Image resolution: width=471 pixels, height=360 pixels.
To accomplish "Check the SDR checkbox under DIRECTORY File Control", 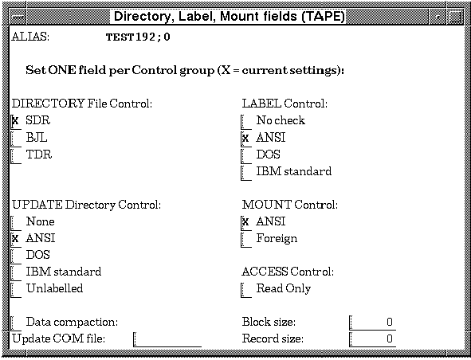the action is (x=16, y=122).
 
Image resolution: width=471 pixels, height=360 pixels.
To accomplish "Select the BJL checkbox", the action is (x=16, y=139).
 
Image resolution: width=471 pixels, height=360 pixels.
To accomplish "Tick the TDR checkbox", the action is (x=16, y=156).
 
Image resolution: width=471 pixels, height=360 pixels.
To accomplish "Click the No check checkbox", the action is (x=246, y=122).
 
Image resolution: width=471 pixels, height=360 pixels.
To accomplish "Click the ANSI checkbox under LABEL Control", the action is (x=246, y=139).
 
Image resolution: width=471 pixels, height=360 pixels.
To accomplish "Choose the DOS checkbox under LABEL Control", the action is (x=246, y=156).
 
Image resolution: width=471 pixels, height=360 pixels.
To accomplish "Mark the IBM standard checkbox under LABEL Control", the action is (x=246, y=173).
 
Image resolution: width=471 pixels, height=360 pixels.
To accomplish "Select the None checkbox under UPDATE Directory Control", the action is (x=16, y=223).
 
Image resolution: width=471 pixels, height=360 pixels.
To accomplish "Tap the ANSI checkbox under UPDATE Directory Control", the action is (x=16, y=239).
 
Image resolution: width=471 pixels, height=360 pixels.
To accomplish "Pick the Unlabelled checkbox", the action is (x=16, y=290).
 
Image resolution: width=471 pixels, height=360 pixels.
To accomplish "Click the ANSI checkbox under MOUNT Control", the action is (x=246, y=223).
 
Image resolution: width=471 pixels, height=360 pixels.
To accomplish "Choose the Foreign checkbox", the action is (x=246, y=239).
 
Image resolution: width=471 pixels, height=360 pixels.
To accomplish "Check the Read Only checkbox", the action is (x=246, y=290).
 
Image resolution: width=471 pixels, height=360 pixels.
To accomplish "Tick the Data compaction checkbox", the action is (x=16, y=323).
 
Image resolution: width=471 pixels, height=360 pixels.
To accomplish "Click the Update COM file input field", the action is (x=167, y=339).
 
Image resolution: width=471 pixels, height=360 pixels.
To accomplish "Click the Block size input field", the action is (x=372, y=323).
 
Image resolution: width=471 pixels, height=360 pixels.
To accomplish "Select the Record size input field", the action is (x=372, y=339).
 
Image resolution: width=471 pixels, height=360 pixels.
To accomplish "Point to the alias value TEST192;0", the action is (x=138, y=37).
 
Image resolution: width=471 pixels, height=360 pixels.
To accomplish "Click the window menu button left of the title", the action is (x=18, y=17).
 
